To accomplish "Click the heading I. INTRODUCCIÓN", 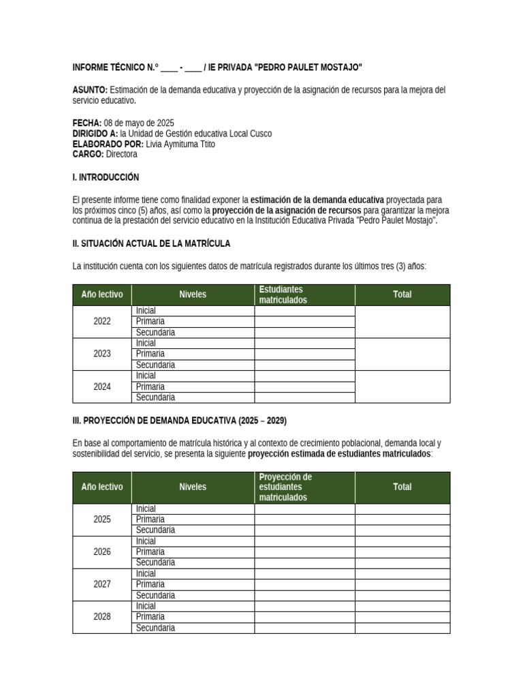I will [x=106, y=177].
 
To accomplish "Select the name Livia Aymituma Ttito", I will [x=180, y=145].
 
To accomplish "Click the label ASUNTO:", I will [x=90, y=90].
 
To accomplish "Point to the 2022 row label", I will [x=102, y=322].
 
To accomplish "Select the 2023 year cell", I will [x=102, y=354].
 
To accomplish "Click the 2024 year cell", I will [x=102, y=386].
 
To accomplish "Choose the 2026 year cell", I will [x=102, y=551].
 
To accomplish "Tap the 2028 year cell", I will [x=102, y=617].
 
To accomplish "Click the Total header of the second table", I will [x=402, y=487].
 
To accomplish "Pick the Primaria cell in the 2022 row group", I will [x=150, y=321].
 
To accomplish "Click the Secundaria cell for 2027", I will [x=155, y=595].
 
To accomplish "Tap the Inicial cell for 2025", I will [x=146, y=509].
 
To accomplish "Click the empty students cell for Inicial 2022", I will [x=304, y=311].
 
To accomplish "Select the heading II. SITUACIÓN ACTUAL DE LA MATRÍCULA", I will [x=151, y=243].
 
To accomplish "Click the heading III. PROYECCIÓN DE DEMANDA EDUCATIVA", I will [x=174, y=421].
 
